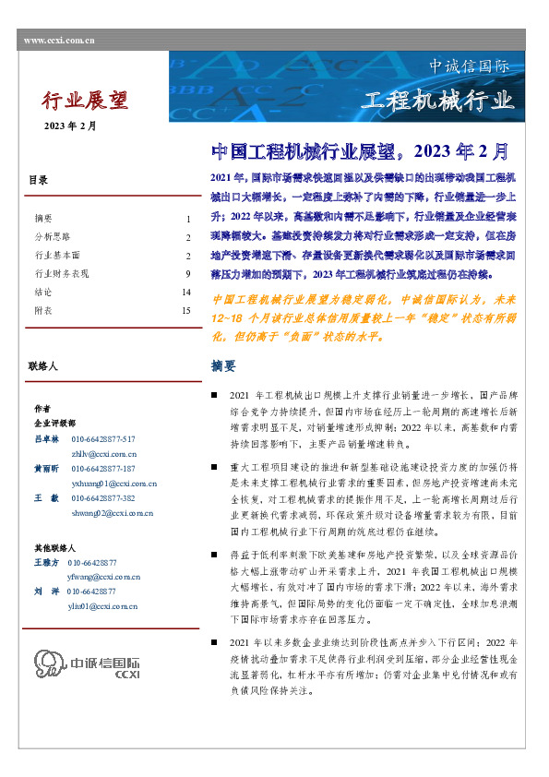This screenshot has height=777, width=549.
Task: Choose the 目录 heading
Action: [39, 181]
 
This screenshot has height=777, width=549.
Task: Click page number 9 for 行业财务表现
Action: [187, 274]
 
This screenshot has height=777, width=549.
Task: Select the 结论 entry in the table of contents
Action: [43, 293]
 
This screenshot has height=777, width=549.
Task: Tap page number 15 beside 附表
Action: [185, 311]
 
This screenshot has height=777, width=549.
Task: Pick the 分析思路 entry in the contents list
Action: [53, 237]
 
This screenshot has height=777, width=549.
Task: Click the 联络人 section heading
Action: [43, 366]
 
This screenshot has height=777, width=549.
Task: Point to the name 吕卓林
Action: [46, 439]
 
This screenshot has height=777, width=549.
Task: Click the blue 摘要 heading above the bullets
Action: [223, 366]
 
